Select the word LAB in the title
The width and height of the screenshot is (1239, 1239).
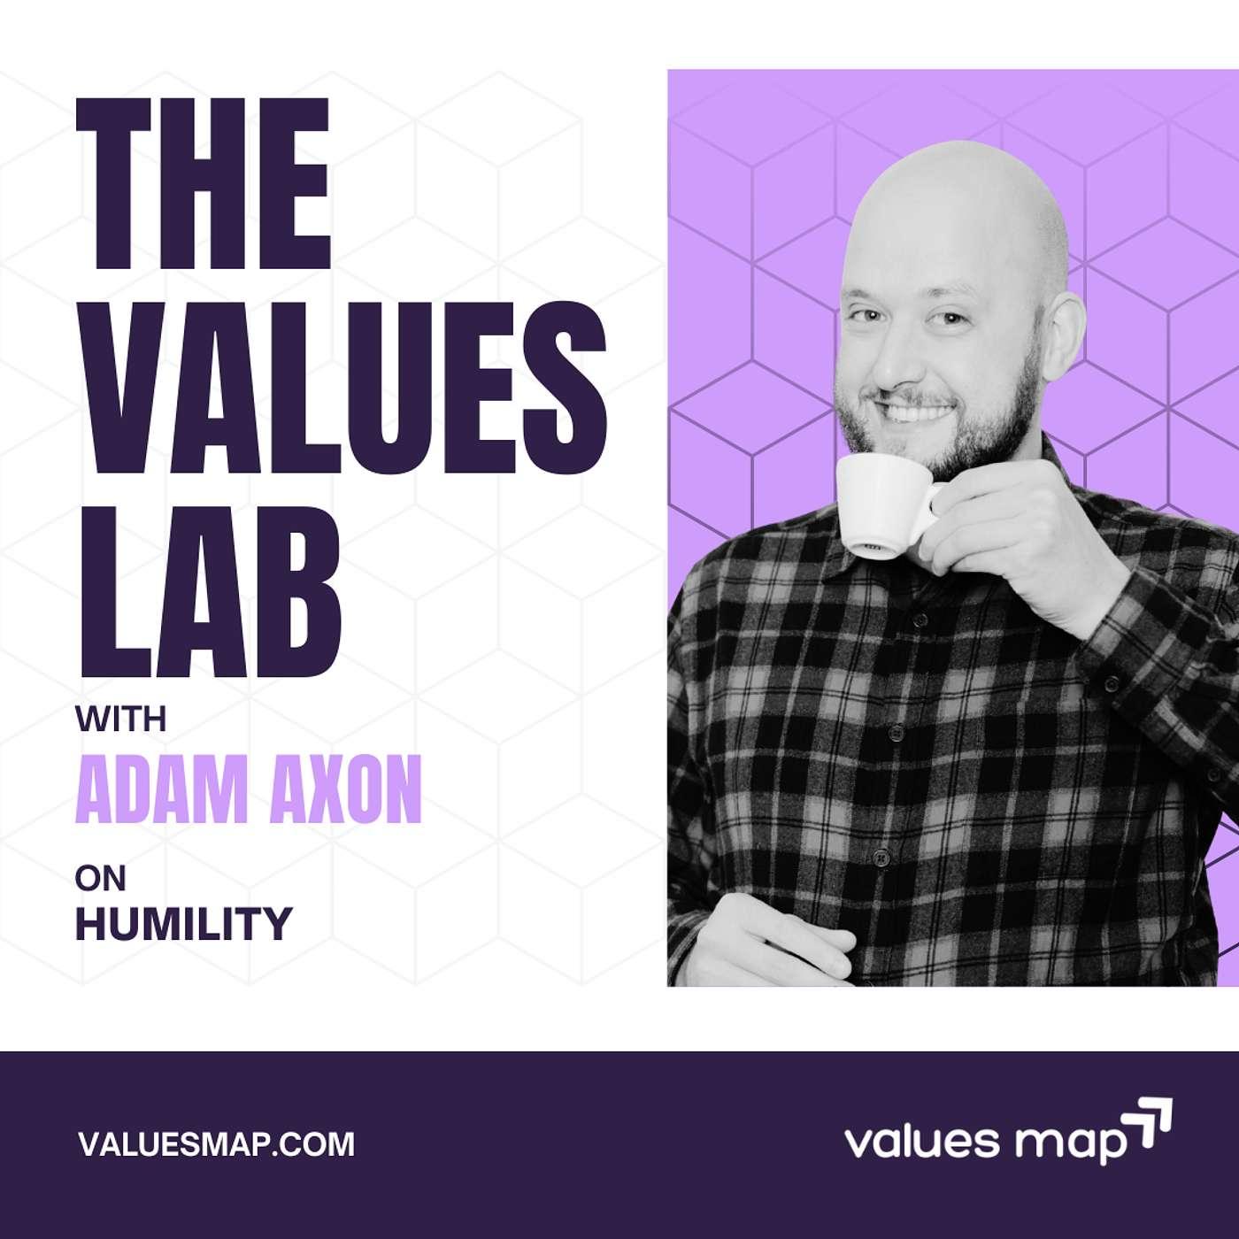tap(209, 589)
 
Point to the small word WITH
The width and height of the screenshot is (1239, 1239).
tap(121, 720)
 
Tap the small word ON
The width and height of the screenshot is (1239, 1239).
tap(100, 879)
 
